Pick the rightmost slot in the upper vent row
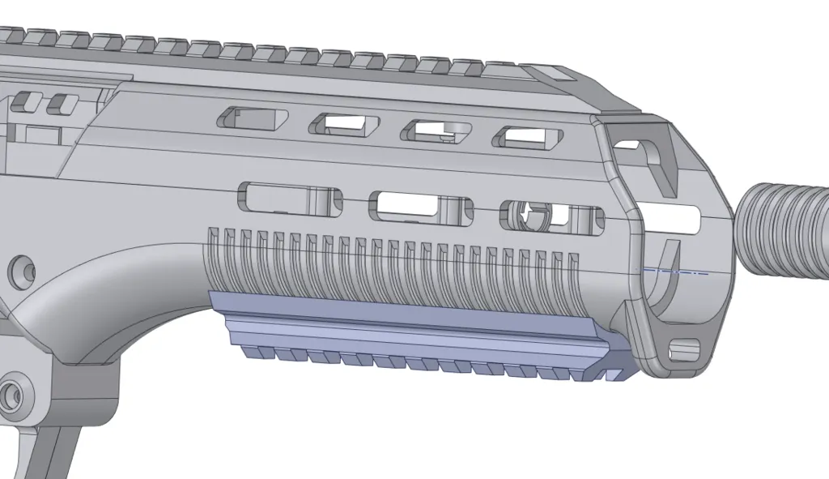pos(530,137)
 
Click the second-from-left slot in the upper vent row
pos(344,124)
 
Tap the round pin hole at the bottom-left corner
pos(12,396)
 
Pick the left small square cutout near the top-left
pos(28,103)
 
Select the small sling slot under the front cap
pos(685,351)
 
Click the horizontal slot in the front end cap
pos(672,217)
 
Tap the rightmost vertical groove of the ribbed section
pos(573,276)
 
